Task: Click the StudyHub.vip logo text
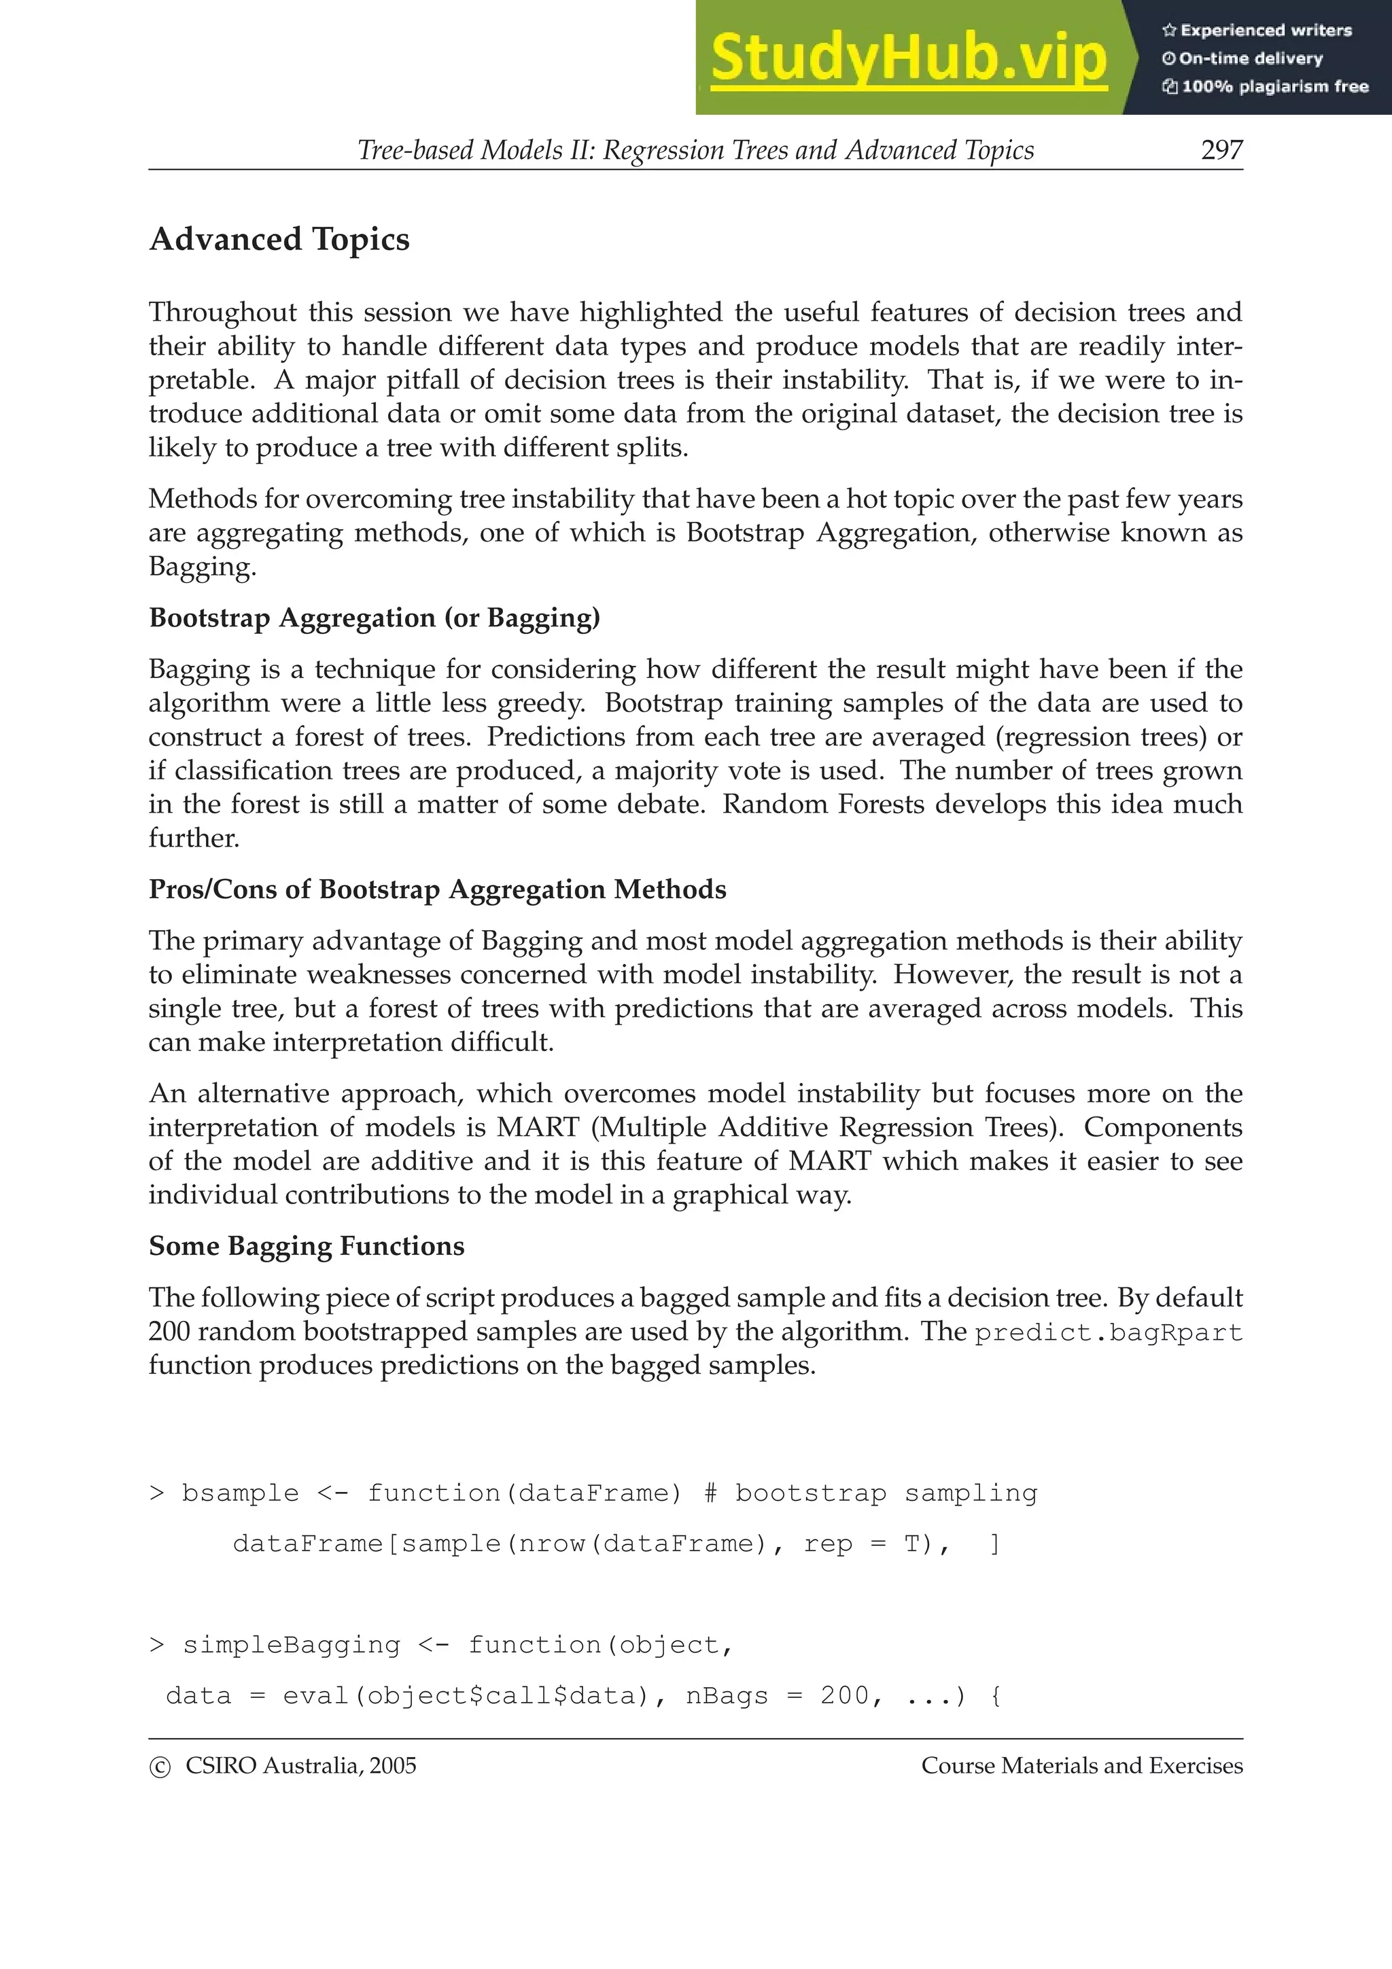click(x=908, y=58)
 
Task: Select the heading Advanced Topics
click(x=279, y=239)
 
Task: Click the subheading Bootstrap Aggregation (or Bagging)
click(x=374, y=618)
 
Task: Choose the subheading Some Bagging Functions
click(x=306, y=1246)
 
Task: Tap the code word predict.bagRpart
click(x=1108, y=1332)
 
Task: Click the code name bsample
click(x=240, y=1493)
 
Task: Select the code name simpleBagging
click(x=291, y=1645)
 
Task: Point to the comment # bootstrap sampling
click(x=870, y=1493)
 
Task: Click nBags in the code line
click(x=727, y=1695)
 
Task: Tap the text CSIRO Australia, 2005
click(x=300, y=1766)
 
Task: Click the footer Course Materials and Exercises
click(x=1081, y=1766)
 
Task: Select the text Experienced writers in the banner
click(x=1265, y=30)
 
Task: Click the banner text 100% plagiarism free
click(x=1274, y=86)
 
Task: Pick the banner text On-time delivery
click(x=1250, y=58)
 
